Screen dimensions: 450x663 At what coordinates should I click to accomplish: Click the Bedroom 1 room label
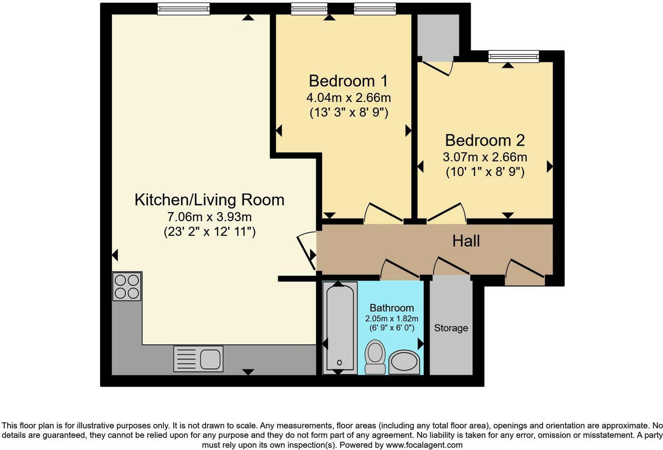[x=348, y=81]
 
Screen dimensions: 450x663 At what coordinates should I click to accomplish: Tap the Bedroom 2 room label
[x=485, y=140]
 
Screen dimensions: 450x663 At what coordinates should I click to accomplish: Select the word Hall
[x=466, y=241]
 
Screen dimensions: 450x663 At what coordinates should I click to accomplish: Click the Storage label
[x=451, y=328]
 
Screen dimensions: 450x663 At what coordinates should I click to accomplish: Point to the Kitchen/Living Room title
[x=209, y=200]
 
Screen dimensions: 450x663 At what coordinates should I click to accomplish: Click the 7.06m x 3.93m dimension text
[x=209, y=217]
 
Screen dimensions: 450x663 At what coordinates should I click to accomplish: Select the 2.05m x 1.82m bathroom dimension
[x=392, y=319]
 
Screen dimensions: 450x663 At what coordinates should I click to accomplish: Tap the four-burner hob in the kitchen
[x=127, y=286]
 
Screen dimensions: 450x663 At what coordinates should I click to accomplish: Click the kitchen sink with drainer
[x=198, y=359]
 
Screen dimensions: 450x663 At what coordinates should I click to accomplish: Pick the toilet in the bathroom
[x=375, y=357]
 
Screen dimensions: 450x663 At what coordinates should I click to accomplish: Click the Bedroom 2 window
[x=513, y=56]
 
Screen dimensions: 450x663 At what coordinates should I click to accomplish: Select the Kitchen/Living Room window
[x=183, y=9]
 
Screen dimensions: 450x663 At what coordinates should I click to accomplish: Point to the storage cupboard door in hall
[x=451, y=267]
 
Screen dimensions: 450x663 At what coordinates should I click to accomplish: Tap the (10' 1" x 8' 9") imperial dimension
[x=485, y=172]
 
